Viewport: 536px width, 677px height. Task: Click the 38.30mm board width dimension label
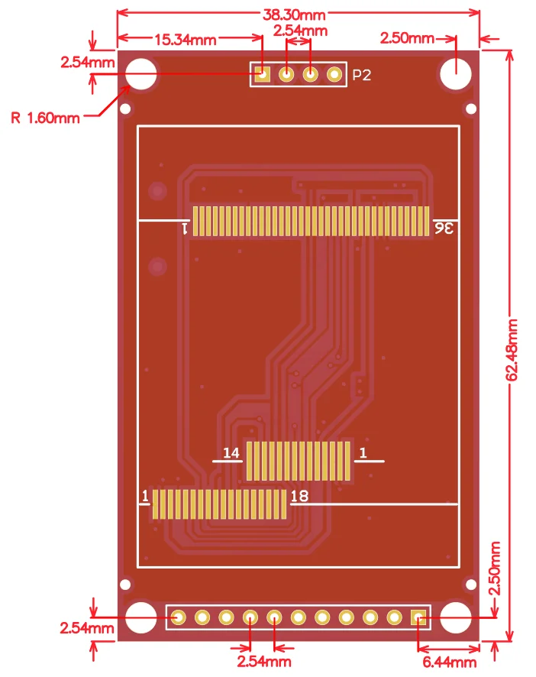(294, 14)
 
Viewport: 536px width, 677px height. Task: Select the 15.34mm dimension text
(186, 39)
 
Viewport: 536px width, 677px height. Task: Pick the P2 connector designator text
(361, 75)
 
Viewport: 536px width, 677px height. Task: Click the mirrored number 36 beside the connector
(444, 228)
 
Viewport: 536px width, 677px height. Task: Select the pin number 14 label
(231, 454)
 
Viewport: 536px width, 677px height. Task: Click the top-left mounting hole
(141, 74)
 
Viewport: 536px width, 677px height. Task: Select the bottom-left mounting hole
(141, 617)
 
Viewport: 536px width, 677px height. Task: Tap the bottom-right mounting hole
(456, 617)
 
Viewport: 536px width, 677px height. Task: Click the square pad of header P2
(262, 74)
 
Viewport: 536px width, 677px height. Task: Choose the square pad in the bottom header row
(418, 617)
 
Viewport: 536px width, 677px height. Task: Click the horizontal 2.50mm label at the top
(407, 38)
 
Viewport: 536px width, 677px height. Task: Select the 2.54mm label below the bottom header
(263, 661)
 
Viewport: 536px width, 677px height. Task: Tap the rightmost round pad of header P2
(334, 74)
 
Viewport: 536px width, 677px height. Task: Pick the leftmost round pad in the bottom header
(178, 617)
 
